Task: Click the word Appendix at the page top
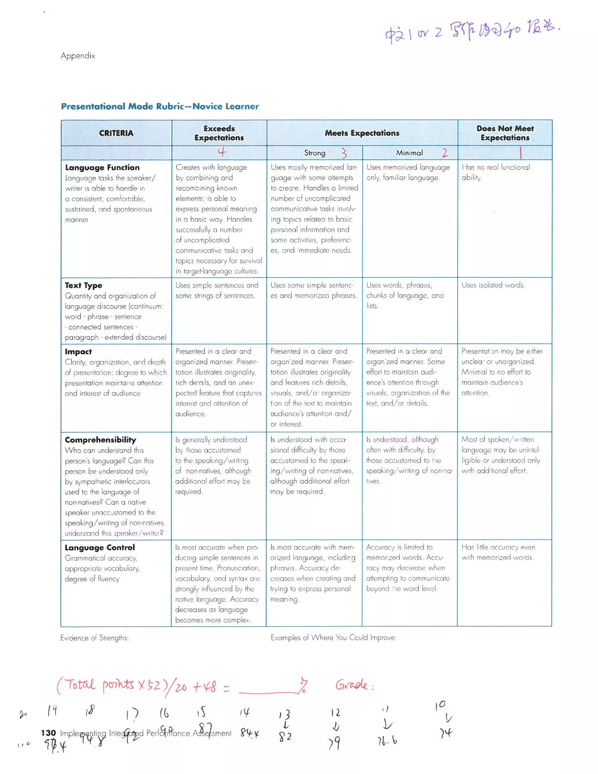78,55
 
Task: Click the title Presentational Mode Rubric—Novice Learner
160,106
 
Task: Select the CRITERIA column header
116,133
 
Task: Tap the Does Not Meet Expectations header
505,133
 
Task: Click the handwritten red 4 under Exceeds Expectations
222,152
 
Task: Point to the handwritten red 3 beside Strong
344,153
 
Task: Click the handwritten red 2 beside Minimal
445,153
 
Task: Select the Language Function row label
102,167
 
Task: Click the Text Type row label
83,285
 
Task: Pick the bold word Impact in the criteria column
78,352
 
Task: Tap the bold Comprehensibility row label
100,440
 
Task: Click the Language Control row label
100,548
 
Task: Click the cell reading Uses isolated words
493,285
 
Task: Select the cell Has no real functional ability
495,172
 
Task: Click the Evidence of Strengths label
94,638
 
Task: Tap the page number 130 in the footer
48,733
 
